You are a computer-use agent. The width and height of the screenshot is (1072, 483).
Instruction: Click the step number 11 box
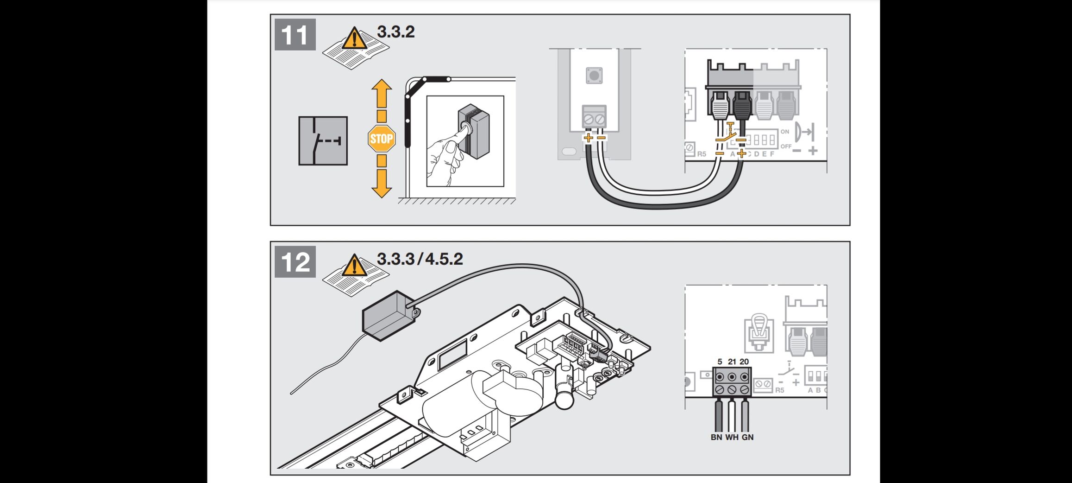click(295, 35)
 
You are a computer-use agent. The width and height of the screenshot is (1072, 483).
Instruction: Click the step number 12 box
click(295, 262)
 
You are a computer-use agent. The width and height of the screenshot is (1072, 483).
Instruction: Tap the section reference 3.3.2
click(395, 32)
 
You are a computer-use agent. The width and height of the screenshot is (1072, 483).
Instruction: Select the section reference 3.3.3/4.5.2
click(420, 259)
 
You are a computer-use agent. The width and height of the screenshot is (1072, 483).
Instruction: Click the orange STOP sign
click(382, 139)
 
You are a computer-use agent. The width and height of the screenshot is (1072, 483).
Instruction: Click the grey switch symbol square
click(323, 141)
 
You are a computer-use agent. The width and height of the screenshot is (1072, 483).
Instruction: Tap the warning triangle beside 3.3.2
click(354, 38)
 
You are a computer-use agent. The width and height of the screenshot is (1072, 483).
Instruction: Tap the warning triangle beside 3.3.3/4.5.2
click(354, 266)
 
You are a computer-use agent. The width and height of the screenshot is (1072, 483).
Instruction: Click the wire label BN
click(716, 437)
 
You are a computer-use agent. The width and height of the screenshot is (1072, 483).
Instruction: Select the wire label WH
click(732, 437)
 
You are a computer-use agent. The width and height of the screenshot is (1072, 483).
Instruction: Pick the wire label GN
click(747, 437)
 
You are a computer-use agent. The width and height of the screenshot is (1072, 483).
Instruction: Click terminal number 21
click(732, 362)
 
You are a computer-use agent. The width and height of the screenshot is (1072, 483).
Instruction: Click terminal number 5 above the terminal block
click(720, 362)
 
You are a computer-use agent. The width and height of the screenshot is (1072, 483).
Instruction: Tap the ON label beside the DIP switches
click(784, 132)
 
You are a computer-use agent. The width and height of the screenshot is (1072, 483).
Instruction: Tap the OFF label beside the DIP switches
click(786, 146)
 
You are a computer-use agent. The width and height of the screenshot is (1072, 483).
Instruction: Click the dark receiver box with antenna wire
click(388, 315)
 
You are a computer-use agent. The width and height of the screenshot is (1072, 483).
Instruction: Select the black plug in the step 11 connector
click(742, 107)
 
